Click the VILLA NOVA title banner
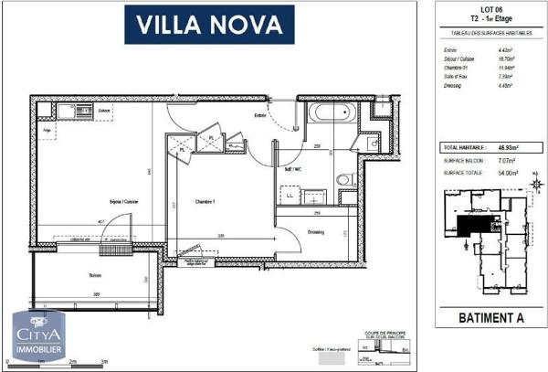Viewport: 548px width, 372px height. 216,25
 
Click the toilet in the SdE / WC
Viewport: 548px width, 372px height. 344,179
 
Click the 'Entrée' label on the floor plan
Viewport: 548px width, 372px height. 260,115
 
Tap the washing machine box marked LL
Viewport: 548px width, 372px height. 290,196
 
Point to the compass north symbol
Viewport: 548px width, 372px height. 536,186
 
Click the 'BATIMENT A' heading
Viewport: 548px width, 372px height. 489,320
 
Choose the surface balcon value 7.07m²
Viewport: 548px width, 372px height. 508,159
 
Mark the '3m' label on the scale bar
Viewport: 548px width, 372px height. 106,362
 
